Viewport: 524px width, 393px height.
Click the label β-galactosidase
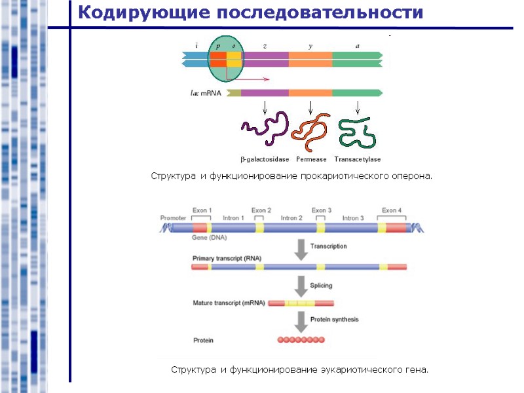pyautogui.click(x=265, y=159)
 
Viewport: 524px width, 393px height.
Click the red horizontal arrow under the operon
pyautogui.click(x=249, y=79)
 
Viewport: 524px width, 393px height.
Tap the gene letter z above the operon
pyautogui.click(x=265, y=46)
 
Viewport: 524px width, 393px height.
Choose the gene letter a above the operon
pyautogui.click(x=357, y=46)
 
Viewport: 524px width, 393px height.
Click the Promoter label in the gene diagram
pyautogui.click(x=173, y=217)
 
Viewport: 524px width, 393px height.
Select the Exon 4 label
pyautogui.click(x=392, y=210)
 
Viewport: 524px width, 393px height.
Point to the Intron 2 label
pyautogui.click(x=291, y=217)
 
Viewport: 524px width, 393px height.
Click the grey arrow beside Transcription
pyautogui.click(x=301, y=250)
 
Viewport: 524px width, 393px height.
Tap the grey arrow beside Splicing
pyautogui.click(x=301, y=286)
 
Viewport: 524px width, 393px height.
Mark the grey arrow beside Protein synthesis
pyautogui.click(x=301, y=320)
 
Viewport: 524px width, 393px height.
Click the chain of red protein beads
pyautogui.click(x=301, y=340)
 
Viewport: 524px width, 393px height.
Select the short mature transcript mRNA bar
pyautogui.click(x=301, y=303)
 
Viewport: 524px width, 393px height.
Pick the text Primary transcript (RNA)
pyautogui.click(x=227, y=259)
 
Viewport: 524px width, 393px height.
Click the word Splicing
pyautogui.click(x=321, y=286)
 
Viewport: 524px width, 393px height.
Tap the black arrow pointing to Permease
pyautogui.click(x=310, y=107)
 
